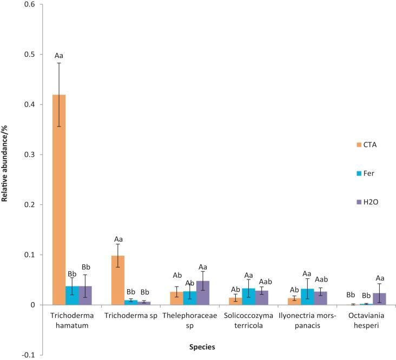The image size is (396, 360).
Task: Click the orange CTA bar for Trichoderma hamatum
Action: click(59, 200)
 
